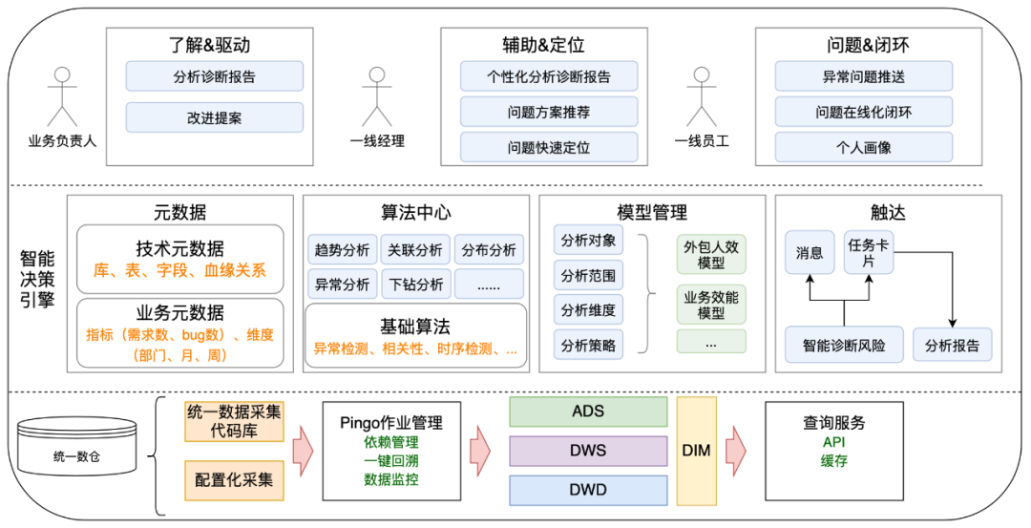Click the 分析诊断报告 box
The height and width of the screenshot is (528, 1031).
pyautogui.click(x=215, y=76)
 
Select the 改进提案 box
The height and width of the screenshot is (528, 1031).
pyautogui.click(x=215, y=117)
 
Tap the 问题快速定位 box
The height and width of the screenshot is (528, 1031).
pyautogui.click(x=549, y=147)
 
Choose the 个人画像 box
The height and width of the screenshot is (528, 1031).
pyautogui.click(x=863, y=147)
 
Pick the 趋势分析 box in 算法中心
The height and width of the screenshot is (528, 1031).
pyautogui.click(x=342, y=250)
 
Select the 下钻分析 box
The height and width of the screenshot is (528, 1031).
pyautogui.click(x=415, y=284)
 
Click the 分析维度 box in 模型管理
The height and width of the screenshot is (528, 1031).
pyautogui.click(x=588, y=309)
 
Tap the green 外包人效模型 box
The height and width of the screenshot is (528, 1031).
pyautogui.click(x=711, y=255)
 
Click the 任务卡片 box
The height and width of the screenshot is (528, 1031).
pyautogui.click(x=869, y=252)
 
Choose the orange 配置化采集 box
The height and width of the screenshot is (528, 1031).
pyautogui.click(x=234, y=479)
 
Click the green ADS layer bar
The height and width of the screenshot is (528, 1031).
pyautogui.click(x=588, y=412)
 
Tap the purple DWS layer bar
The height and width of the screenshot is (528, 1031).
pyautogui.click(x=588, y=451)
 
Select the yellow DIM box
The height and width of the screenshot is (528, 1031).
pyautogui.click(x=697, y=450)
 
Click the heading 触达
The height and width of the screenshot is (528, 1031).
pyautogui.click(x=888, y=213)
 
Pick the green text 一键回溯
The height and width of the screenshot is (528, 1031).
pyautogui.click(x=391, y=461)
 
